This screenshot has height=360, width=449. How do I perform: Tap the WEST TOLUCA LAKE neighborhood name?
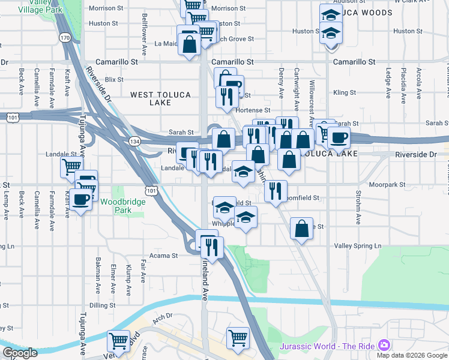[x=152, y=98]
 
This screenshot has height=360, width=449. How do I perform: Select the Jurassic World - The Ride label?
[x=327, y=346]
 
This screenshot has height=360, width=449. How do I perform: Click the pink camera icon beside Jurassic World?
[x=384, y=346]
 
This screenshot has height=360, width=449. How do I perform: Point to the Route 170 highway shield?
[x=65, y=38]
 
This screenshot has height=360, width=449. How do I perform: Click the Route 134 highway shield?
[x=134, y=140]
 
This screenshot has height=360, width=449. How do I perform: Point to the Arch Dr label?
[x=161, y=316]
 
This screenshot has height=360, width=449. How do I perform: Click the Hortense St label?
[x=253, y=110]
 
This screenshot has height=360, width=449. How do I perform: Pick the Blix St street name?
[x=113, y=79]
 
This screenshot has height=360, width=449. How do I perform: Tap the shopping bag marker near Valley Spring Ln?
[x=301, y=228]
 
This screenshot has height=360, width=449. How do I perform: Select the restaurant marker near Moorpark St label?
[x=276, y=191]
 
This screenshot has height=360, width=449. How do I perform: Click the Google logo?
[x=20, y=353]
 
